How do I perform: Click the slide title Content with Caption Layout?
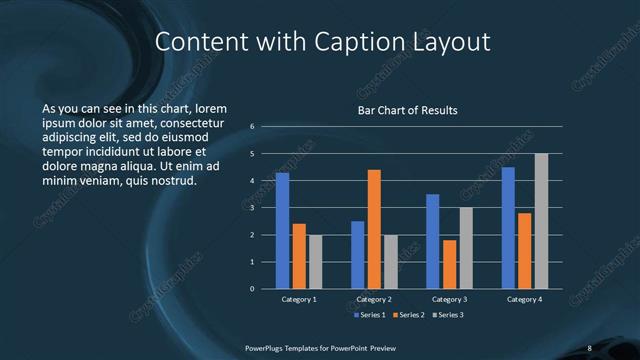[324, 42]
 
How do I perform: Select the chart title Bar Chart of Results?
[408, 111]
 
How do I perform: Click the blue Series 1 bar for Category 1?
[282, 231]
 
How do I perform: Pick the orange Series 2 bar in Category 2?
[374, 229]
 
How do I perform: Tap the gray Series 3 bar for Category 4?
[541, 221]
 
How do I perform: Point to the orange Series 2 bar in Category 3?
[449, 264]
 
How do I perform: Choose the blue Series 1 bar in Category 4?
[508, 228]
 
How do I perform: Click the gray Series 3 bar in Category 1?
[315, 262]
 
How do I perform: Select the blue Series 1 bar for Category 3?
[433, 241]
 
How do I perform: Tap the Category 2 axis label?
[374, 299]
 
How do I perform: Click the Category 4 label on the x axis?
[524, 299]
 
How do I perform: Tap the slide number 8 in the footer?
[589, 347]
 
